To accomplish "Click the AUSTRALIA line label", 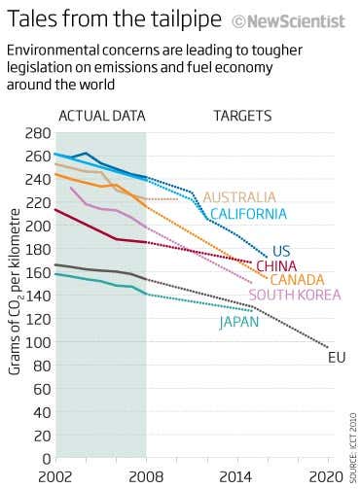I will [239, 197].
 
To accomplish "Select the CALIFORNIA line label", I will [248, 214].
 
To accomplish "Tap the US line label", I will [281, 251].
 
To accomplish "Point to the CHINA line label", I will [276, 265].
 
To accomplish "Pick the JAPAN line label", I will [239, 322].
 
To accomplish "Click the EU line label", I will [337, 358].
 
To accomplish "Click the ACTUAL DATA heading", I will [102, 116].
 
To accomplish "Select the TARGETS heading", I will [243, 116].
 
